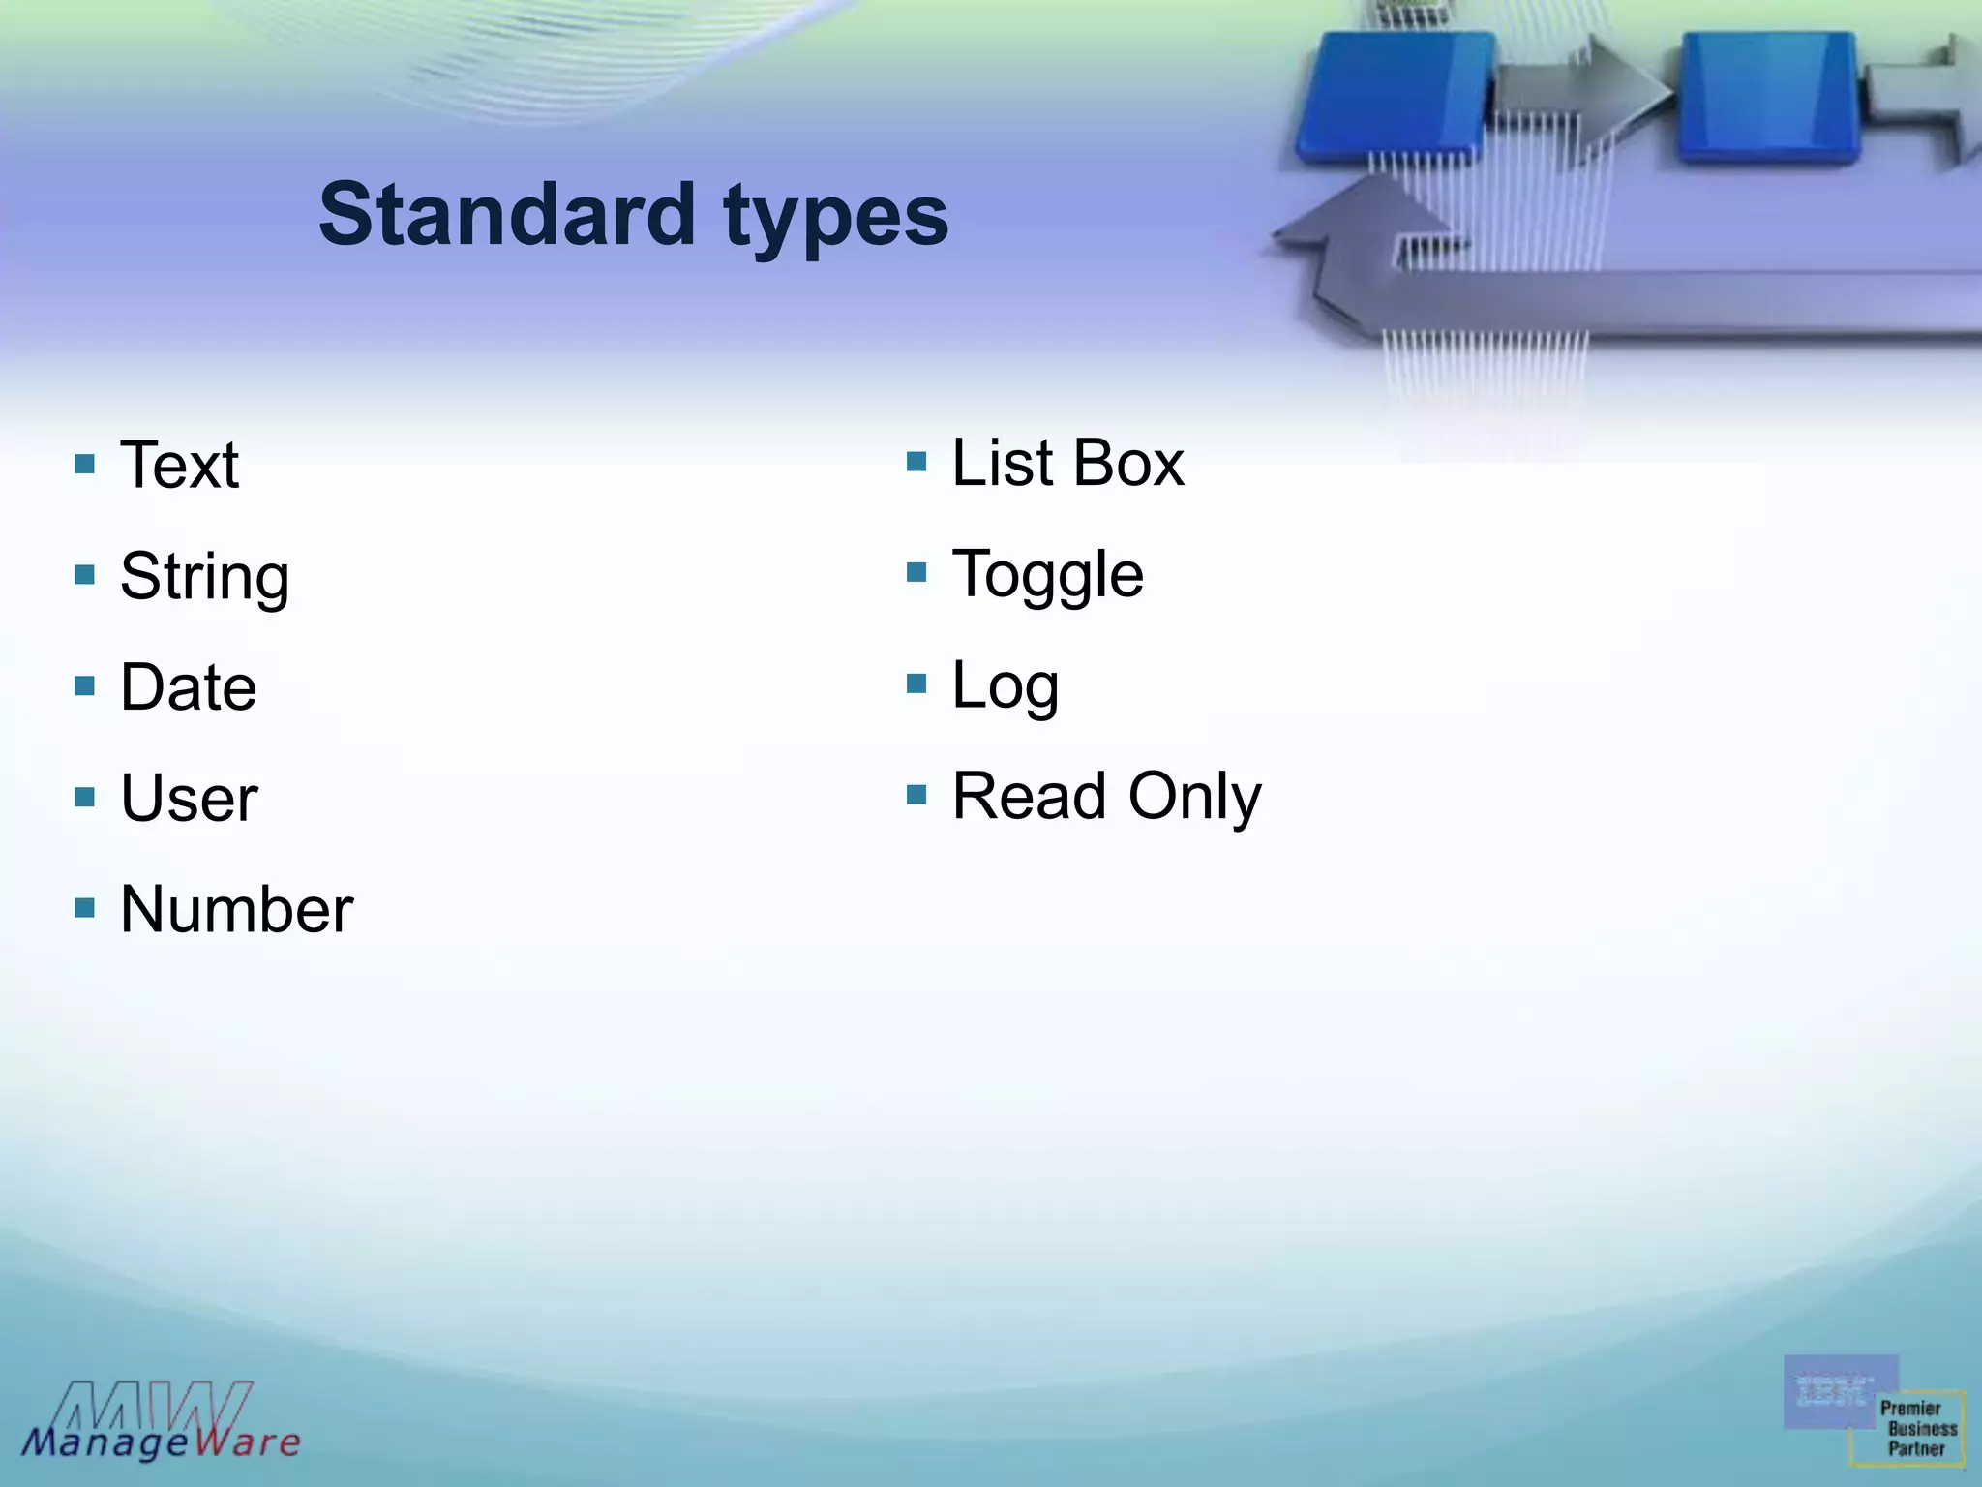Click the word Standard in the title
(506, 214)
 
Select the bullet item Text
(179, 465)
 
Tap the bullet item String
(204, 577)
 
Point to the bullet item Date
(188, 687)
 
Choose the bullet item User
(189, 799)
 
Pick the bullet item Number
(236, 910)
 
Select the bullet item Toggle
(1047, 575)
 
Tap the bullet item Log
(1005, 686)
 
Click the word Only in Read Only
(1194, 797)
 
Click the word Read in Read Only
(1029, 796)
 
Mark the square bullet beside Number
(85, 908)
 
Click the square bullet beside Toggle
(916, 572)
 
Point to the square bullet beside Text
(85, 464)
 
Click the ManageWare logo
(161, 1421)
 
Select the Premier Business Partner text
(1917, 1429)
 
